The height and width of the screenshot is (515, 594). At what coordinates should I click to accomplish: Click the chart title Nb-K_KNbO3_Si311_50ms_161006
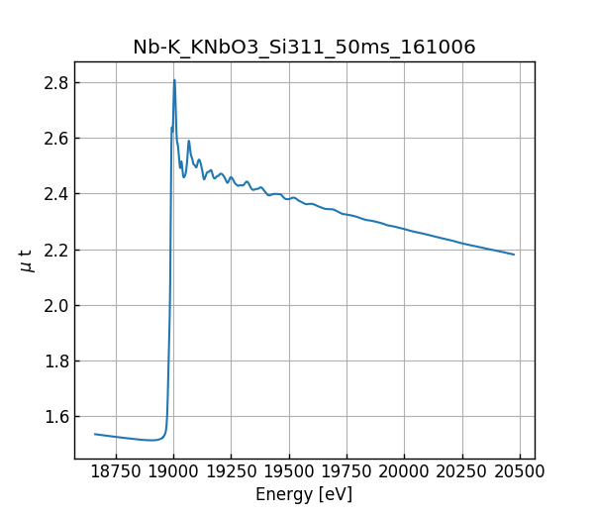click(x=304, y=47)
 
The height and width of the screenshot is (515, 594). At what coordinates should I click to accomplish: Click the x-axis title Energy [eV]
click(x=304, y=494)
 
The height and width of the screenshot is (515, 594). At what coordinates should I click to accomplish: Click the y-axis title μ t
click(x=27, y=260)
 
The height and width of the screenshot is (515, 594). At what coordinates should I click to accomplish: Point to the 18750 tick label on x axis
click(x=116, y=472)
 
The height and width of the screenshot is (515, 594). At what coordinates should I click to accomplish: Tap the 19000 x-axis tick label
click(x=173, y=472)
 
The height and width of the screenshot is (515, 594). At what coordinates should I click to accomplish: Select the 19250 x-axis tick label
click(x=231, y=472)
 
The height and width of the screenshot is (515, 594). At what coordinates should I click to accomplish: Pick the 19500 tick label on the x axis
click(x=289, y=472)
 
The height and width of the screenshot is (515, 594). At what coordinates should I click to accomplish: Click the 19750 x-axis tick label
click(x=346, y=472)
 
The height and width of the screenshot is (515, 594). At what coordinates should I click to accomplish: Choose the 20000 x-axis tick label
click(x=404, y=472)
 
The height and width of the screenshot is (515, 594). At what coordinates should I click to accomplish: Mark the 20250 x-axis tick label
click(x=461, y=472)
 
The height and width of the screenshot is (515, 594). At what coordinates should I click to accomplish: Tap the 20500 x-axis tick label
click(x=520, y=472)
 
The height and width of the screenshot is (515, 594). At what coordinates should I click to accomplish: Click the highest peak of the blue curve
click(x=174, y=80)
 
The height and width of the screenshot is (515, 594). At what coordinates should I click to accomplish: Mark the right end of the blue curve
click(x=514, y=255)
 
